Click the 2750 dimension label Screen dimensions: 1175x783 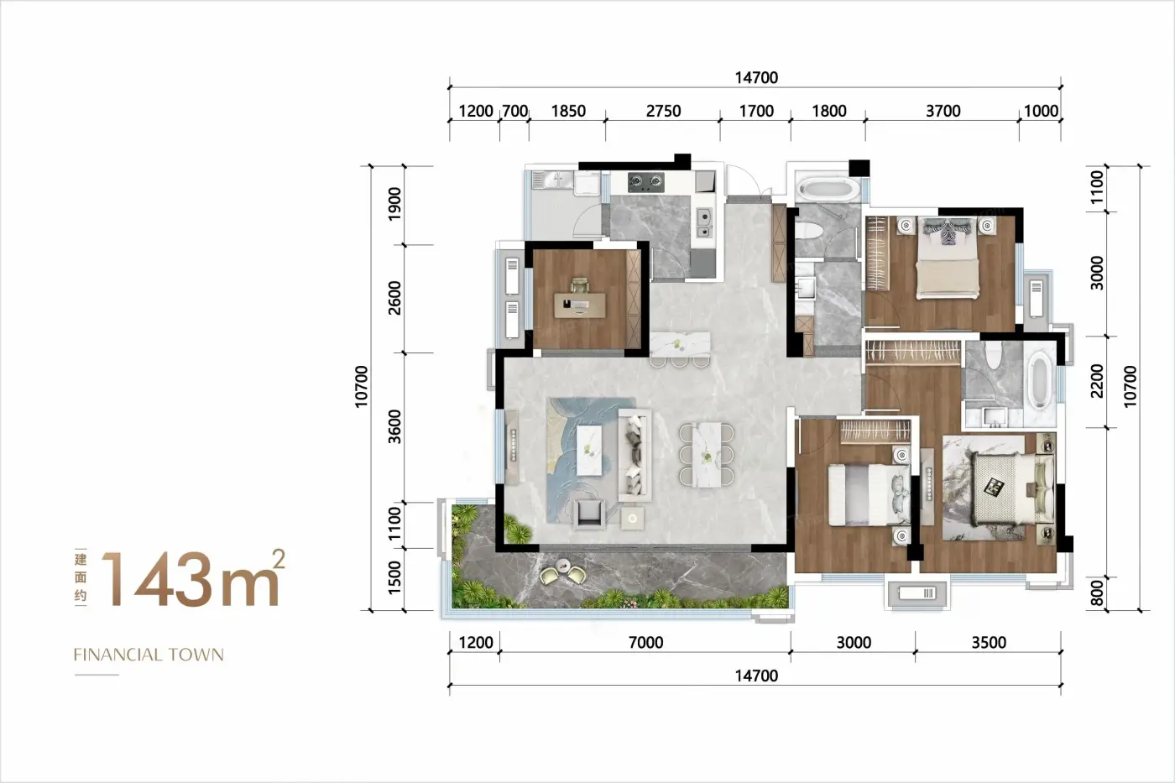click(x=663, y=111)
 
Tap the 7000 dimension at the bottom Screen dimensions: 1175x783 click(x=645, y=643)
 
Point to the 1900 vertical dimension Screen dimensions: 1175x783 click(x=394, y=204)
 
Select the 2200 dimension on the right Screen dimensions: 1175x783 click(x=1097, y=381)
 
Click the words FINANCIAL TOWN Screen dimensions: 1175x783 click(x=149, y=655)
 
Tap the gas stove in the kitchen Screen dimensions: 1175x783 click(x=646, y=182)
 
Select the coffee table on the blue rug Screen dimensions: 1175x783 click(x=589, y=451)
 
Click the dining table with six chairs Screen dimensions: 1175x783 click(x=706, y=454)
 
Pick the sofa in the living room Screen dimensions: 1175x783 click(x=634, y=454)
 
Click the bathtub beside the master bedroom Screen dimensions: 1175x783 click(x=1039, y=380)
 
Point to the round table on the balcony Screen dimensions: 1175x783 click(x=563, y=566)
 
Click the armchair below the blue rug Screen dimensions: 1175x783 click(x=589, y=514)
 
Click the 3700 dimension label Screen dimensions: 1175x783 click(x=943, y=111)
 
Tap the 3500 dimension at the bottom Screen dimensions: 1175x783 click(x=989, y=643)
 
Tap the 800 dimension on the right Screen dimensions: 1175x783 click(x=1097, y=593)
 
